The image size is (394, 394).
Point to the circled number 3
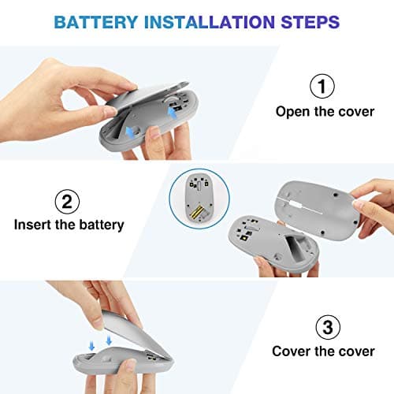coord(324,325)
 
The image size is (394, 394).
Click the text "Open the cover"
coord(325,111)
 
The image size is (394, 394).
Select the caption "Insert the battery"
coord(69,225)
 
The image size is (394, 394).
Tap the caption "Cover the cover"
coord(324,352)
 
